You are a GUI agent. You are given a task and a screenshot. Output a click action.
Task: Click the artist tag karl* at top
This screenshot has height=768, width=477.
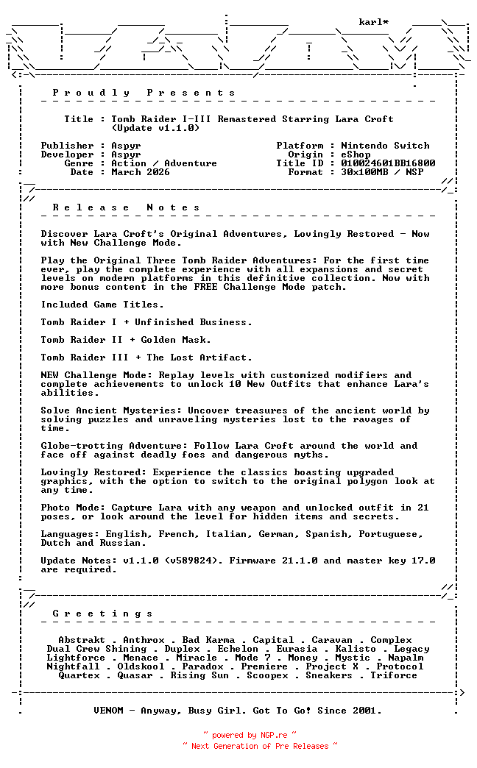tap(373, 22)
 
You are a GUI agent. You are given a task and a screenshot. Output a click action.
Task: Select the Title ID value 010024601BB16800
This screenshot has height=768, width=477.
tap(388, 163)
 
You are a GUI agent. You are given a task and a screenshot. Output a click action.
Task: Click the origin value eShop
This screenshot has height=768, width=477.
tap(356, 154)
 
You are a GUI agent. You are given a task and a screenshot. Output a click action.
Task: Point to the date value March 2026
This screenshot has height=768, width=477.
tap(141, 172)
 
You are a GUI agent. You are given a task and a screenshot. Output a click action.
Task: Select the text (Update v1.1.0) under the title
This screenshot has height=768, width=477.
tap(155, 128)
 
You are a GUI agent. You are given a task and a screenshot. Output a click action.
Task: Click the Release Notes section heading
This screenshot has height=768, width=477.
tap(126, 207)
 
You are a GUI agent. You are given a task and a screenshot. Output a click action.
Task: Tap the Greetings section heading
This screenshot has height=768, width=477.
tap(102, 614)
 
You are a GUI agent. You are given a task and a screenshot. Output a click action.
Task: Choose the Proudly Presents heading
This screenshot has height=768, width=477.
tap(144, 93)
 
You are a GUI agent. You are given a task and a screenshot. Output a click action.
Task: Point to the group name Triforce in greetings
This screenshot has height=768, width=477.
tap(394, 675)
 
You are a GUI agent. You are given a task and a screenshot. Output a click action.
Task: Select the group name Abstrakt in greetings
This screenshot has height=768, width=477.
tap(82, 640)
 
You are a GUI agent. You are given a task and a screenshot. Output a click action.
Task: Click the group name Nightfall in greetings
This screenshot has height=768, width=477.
tap(73, 666)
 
